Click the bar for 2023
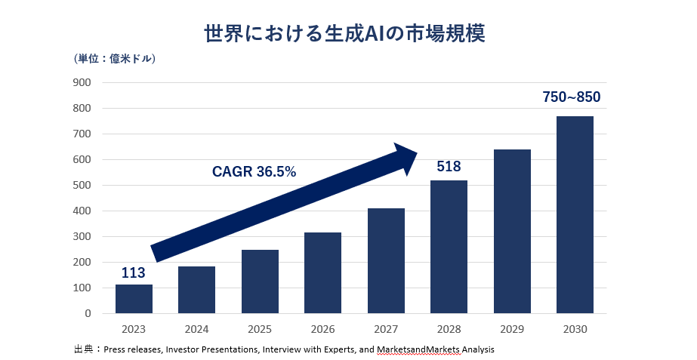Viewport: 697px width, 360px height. tap(134, 299)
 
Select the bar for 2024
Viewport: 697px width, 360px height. tap(196, 290)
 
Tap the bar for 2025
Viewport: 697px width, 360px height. tap(260, 282)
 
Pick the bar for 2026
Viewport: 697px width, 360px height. tap(322, 272)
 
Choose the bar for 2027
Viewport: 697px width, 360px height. tap(386, 260)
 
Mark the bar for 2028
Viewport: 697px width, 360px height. tap(449, 247)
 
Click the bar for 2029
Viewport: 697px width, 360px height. tap(512, 231)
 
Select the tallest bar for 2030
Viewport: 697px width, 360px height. tap(575, 214)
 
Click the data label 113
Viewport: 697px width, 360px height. tap(134, 272)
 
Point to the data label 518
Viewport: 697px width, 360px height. tap(449, 167)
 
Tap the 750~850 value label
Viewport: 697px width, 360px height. tap(572, 97)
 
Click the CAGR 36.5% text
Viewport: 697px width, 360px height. tap(254, 172)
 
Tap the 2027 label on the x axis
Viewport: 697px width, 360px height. tap(386, 330)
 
